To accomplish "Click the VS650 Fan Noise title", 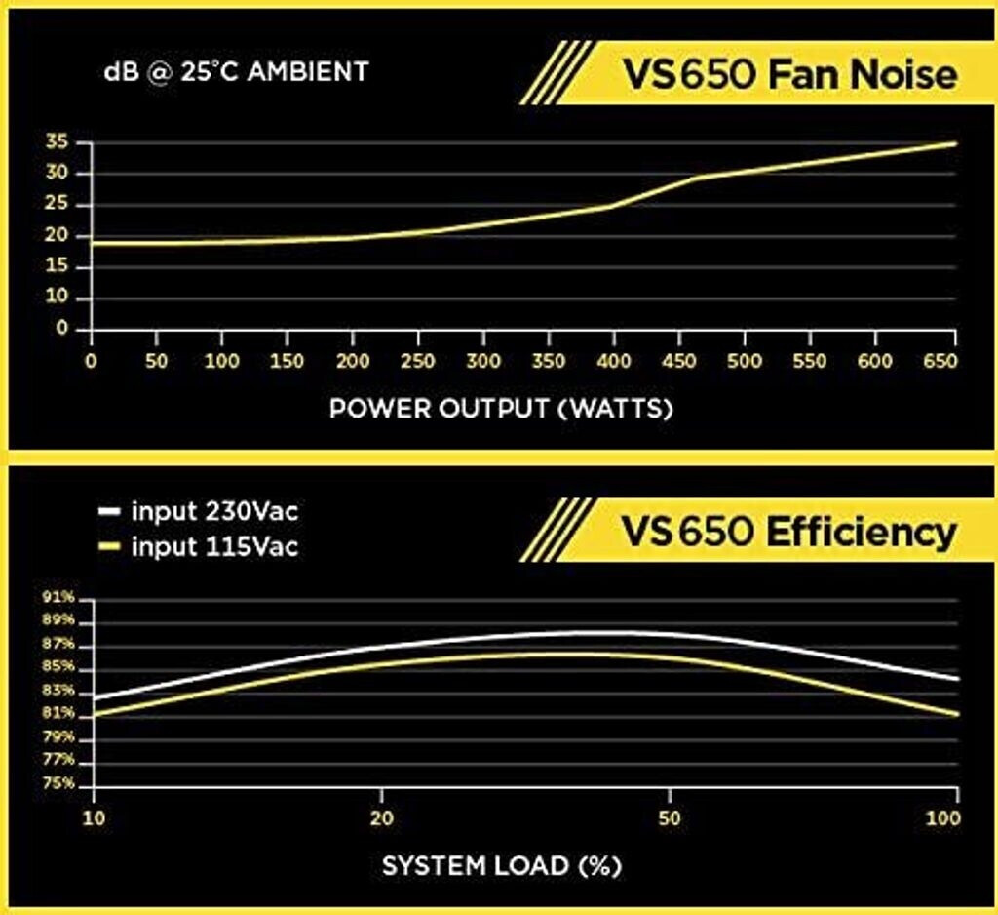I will tap(788, 74).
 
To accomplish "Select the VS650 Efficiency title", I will tap(788, 532).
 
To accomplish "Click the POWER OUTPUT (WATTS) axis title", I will tap(501, 408).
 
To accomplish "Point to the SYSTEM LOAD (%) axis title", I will tap(501, 864).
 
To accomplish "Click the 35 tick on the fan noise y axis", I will tap(57, 142).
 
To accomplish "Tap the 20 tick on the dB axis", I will tap(57, 236).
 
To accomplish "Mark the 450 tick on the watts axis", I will tap(678, 362).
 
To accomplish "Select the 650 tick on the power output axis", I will tap(940, 362).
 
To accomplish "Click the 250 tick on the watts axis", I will tap(417, 362).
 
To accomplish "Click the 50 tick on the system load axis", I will tap(669, 816).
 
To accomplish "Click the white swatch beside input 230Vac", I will tap(110, 510).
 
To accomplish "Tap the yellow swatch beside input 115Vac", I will tap(110, 547).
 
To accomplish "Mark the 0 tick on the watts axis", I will tap(91, 362).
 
